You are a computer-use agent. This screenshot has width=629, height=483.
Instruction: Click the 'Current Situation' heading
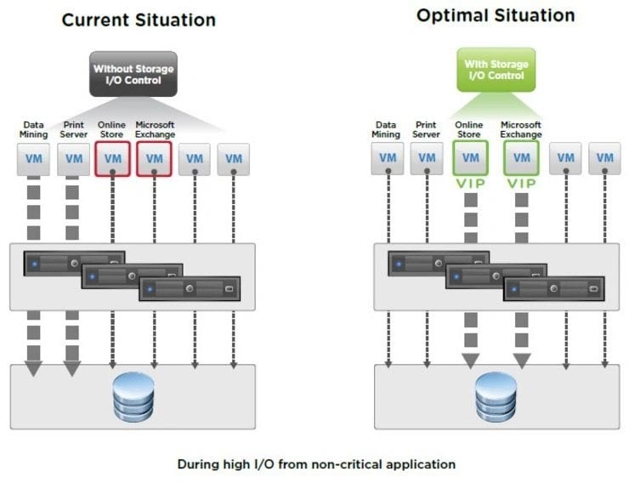tap(139, 20)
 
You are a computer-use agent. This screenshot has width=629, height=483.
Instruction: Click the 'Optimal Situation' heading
tap(496, 15)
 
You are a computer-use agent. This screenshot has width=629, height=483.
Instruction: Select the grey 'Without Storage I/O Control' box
tap(133, 73)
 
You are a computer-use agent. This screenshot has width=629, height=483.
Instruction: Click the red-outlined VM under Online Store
tap(113, 159)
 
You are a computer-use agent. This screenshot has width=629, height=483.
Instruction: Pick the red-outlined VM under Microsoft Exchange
tap(154, 159)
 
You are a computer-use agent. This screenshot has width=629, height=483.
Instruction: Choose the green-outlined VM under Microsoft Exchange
tap(521, 158)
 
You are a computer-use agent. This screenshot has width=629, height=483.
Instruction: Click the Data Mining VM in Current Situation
tap(33, 159)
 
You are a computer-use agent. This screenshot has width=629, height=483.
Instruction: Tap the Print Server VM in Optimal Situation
tap(427, 158)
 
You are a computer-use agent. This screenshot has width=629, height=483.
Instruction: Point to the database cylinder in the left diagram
tap(133, 397)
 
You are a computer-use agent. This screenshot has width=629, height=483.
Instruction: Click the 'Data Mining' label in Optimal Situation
tap(386, 129)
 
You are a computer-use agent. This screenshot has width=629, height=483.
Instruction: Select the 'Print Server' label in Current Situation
tap(74, 129)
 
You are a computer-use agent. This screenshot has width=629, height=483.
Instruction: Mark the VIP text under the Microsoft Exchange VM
tap(521, 184)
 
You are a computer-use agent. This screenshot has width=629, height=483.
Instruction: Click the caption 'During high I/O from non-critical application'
tap(316, 464)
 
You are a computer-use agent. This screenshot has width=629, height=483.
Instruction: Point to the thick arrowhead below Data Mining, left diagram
tap(33, 368)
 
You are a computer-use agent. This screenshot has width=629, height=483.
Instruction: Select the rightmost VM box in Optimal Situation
tap(604, 158)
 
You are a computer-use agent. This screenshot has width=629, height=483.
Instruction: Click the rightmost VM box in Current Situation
tap(234, 159)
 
